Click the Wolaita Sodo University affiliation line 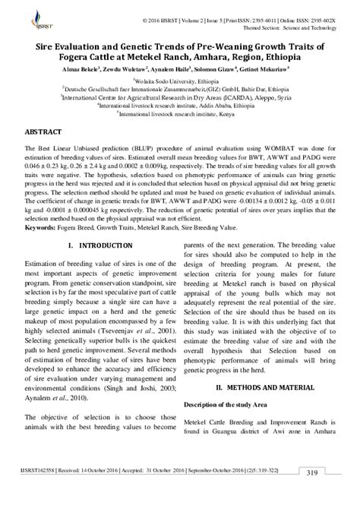[x=180, y=79]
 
